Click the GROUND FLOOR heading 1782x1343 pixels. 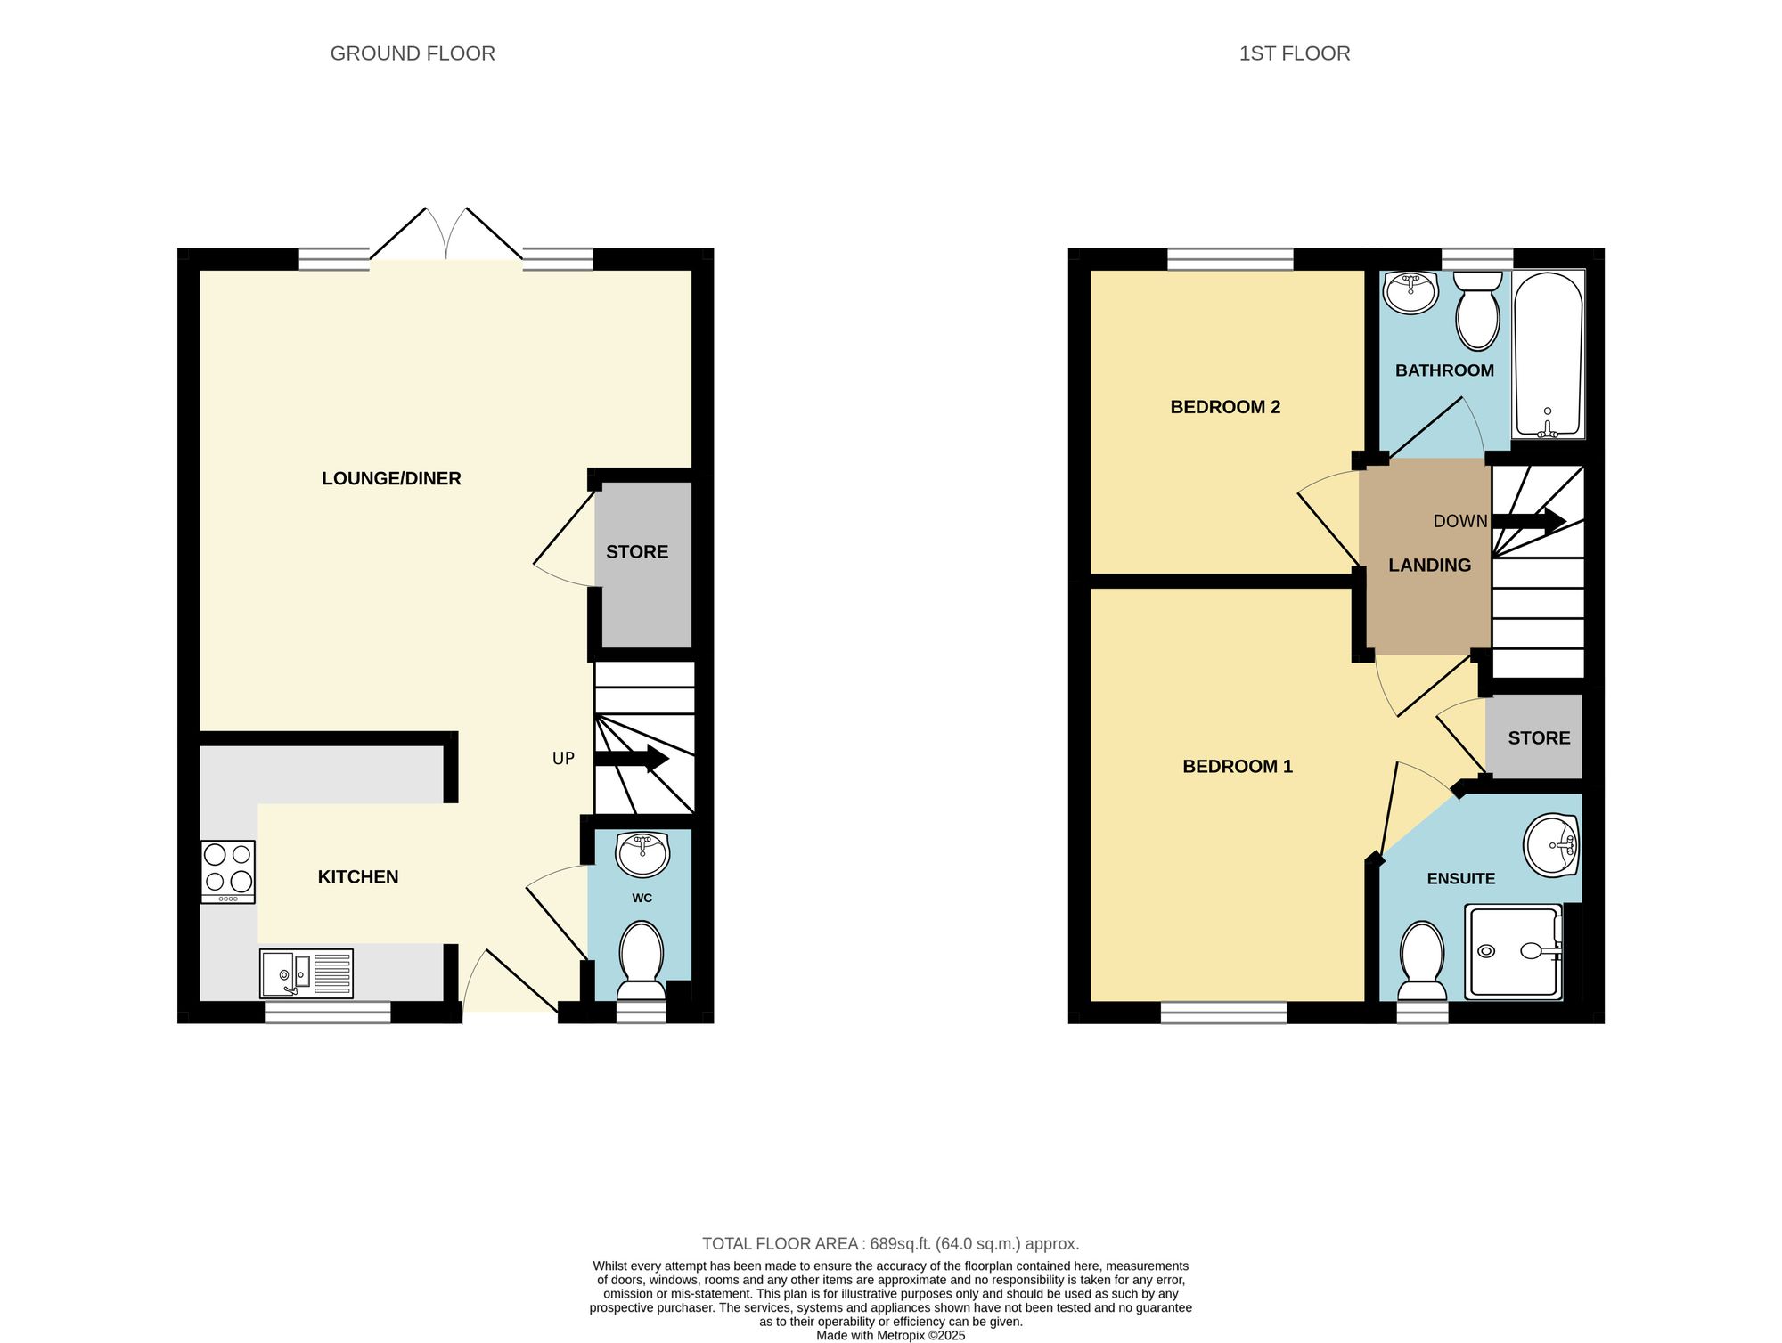(x=413, y=53)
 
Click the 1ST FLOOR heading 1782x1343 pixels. (x=1294, y=53)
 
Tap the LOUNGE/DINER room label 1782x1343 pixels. (x=391, y=478)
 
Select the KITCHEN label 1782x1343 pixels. (x=357, y=876)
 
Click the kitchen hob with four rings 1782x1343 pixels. (x=228, y=872)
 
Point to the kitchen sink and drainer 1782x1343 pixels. (x=306, y=973)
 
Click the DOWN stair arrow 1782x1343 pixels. (x=1529, y=522)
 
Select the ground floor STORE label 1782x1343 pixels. (x=636, y=552)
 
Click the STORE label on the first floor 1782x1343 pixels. (x=1539, y=738)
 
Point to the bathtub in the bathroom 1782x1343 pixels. (x=1548, y=354)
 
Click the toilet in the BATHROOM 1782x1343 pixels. (x=1477, y=312)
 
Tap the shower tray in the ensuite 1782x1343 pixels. (x=1514, y=951)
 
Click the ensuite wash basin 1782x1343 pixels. (x=1551, y=844)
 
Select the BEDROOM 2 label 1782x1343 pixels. (x=1224, y=407)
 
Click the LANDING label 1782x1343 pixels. (x=1429, y=566)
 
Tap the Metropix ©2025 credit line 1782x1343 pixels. (x=890, y=1335)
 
